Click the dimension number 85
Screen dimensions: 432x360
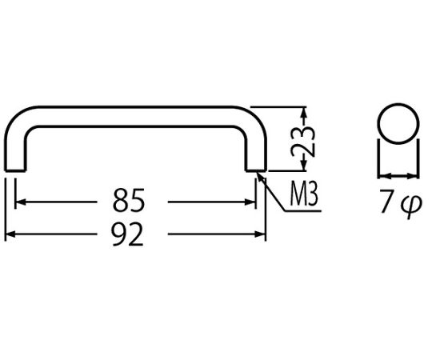(128, 200)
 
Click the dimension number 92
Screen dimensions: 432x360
(127, 234)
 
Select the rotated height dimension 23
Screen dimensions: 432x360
(303, 141)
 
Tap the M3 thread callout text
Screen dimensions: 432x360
(304, 194)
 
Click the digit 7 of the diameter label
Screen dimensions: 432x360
(386, 201)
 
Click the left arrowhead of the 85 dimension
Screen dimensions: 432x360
(20, 202)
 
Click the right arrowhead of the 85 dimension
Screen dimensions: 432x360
(250, 202)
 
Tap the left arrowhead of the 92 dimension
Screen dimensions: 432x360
(10, 234)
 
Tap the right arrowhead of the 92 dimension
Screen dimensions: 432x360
(260, 234)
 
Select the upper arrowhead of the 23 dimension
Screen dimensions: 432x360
(304, 113)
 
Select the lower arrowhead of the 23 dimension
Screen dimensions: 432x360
(304, 166)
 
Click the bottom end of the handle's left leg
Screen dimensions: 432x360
(15, 170)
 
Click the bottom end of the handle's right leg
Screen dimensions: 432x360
(256, 170)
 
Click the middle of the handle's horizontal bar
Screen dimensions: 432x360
(135, 117)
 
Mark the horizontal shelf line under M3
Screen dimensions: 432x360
(302, 211)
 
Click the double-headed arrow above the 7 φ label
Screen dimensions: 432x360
(398, 176)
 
